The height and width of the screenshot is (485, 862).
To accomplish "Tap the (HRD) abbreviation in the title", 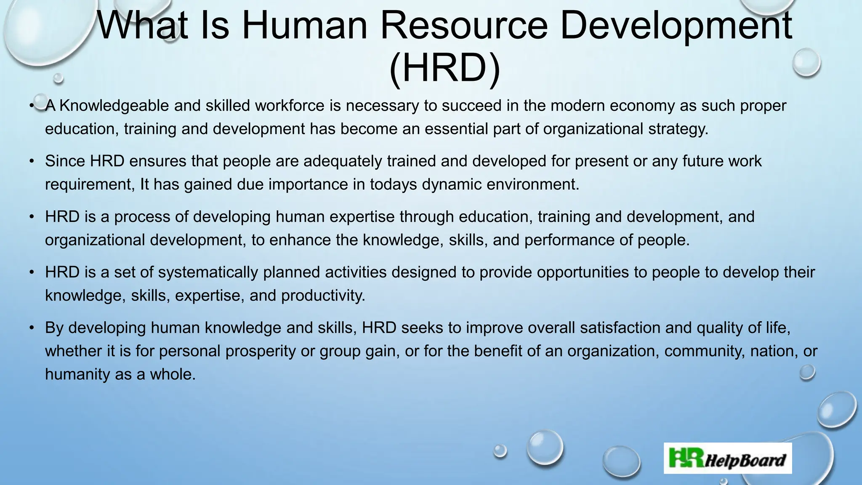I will pos(445,68).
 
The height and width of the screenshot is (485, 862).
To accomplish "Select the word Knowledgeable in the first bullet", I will pos(114,105).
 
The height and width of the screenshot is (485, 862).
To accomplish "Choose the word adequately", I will pos(342,161).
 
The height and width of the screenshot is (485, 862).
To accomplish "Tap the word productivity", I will pos(323,295).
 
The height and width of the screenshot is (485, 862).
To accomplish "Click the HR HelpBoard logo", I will pos(728,458).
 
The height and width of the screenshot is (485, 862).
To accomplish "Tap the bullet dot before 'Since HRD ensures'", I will pos(32,161).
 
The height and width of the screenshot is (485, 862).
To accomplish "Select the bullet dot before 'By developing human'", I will pos(32,328).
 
